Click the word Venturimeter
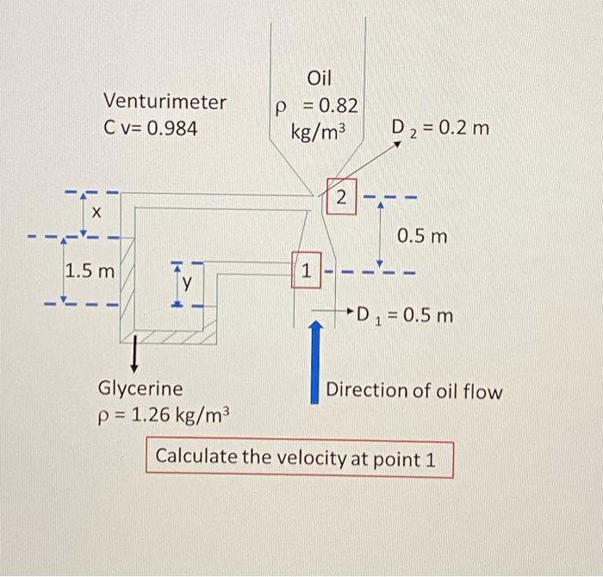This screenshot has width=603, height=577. coord(165,102)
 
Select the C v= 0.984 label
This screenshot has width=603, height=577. coord(150,129)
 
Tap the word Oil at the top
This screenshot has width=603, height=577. coord(319,78)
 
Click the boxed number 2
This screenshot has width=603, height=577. coord(341,197)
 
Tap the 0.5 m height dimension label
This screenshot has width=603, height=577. coord(421,235)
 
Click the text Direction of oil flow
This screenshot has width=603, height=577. coord(413,391)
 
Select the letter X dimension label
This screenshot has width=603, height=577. coord(96,212)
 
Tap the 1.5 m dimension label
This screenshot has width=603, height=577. coord(90,271)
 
